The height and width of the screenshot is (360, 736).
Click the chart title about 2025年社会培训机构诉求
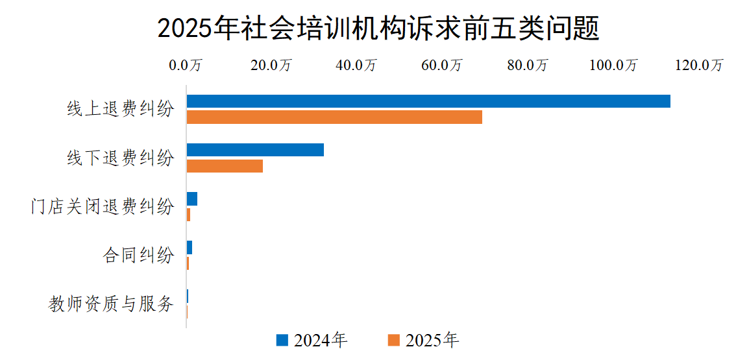[x=378, y=29]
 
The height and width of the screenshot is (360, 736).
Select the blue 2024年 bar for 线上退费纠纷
[x=428, y=101]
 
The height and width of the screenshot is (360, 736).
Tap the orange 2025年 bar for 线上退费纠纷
[x=334, y=117]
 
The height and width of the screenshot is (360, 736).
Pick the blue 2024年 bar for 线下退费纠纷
[x=255, y=150]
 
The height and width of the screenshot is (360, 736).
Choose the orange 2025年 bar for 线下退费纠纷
[x=225, y=166]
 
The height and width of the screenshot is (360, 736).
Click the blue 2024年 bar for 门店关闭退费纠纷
[x=192, y=199]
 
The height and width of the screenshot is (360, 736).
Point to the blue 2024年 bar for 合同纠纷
[x=190, y=248]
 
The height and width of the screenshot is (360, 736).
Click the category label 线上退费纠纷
[x=121, y=109]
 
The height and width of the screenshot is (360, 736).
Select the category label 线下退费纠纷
[x=121, y=158]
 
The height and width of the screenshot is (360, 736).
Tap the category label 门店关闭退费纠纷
[x=103, y=206]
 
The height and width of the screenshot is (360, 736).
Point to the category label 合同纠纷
[x=139, y=255]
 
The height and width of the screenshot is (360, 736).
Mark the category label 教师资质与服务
[x=112, y=304]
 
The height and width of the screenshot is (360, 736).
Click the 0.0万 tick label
[x=186, y=65]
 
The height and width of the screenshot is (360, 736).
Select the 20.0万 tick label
[x=272, y=65]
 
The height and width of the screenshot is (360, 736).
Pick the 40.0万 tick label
[x=358, y=65]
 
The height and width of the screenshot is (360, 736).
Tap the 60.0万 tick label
[x=443, y=65]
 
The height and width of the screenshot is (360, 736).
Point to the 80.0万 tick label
[x=528, y=65]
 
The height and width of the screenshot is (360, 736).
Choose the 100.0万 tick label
[x=613, y=65]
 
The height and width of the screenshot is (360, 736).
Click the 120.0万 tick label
[x=699, y=65]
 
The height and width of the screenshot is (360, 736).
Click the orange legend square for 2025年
[x=393, y=340]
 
